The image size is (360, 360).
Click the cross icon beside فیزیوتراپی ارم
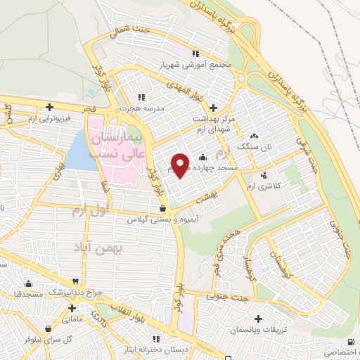[49, 108]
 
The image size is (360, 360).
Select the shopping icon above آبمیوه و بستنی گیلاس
[163, 208]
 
